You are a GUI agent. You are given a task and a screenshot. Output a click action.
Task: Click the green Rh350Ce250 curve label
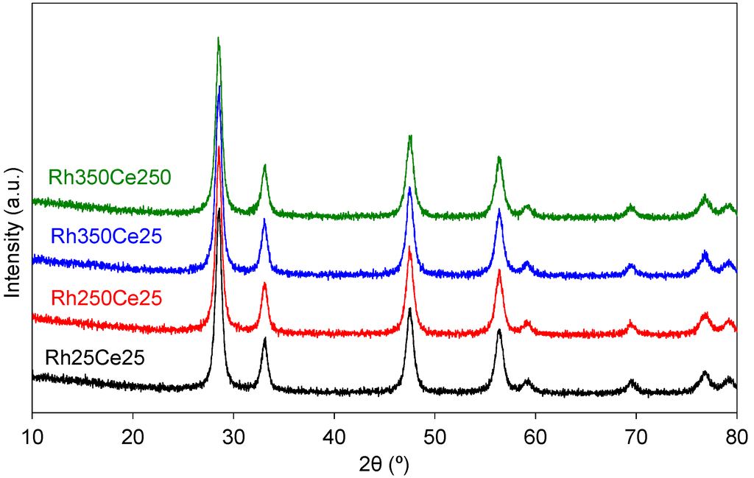pos(110,178)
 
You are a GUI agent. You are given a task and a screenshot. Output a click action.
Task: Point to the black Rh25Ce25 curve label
pos(94,359)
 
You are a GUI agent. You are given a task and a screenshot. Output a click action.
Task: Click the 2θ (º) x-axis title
pos(384,464)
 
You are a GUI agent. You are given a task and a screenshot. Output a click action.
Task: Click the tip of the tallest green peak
pos(218,38)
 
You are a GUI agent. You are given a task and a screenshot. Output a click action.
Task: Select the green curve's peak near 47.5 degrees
pos(410,136)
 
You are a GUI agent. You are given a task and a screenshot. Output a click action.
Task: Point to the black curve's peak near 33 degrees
pos(264,339)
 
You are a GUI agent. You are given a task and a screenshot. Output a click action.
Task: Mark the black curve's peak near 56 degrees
pos(498,330)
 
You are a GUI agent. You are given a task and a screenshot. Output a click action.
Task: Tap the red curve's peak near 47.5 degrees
pos(410,247)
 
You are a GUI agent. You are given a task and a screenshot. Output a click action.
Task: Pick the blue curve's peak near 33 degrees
pos(264,219)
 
